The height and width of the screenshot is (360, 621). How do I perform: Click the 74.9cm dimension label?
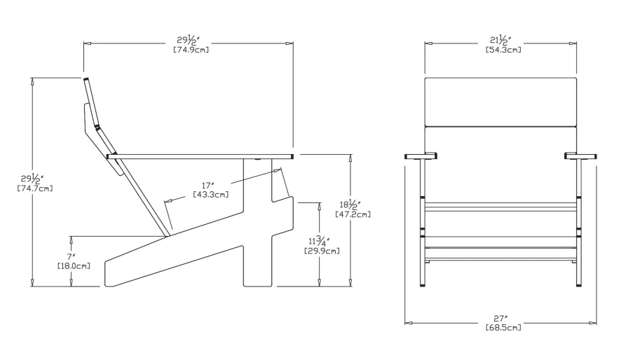(189, 50)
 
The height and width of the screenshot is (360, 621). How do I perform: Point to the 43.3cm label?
(210, 194)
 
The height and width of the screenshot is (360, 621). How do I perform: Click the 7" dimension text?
(71, 257)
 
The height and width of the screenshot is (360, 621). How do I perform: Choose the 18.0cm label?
(73, 266)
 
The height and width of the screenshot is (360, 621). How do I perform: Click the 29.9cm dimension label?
(322, 251)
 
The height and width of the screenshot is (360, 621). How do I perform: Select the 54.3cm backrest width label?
(503, 50)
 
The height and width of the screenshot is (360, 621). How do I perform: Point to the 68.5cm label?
(503, 328)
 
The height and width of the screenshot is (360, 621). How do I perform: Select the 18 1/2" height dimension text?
(350, 205)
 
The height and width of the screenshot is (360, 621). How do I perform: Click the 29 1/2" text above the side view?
(190, 40)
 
